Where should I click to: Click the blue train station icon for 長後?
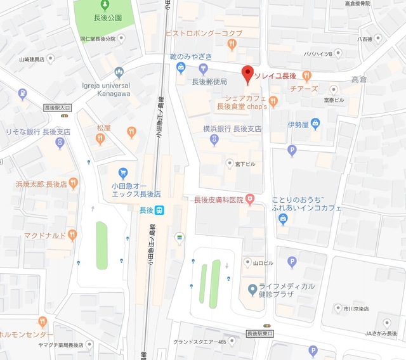click(162, 210)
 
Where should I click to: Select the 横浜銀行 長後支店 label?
click(232, 129)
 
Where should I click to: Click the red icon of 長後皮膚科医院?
click(251, 200)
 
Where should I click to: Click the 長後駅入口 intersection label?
click(57, 108)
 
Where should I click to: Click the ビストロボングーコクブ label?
click(203, 32)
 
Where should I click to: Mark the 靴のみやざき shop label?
click(191, 56)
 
